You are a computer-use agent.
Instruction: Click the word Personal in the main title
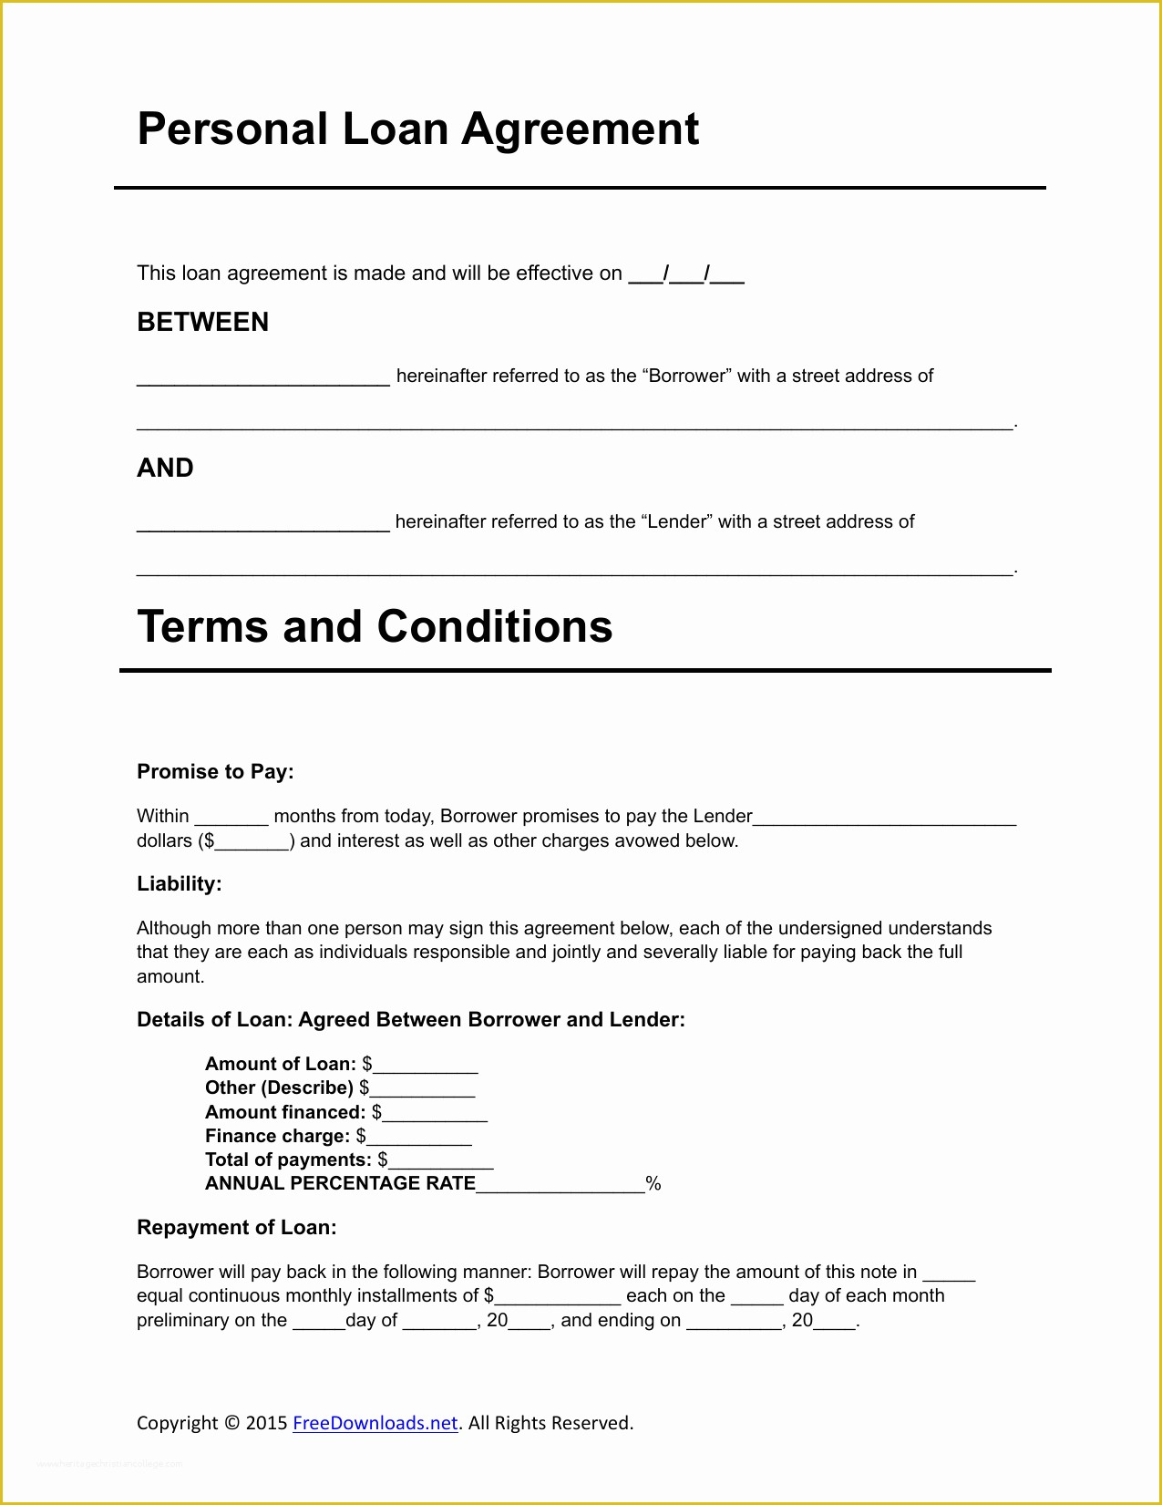point(232,129)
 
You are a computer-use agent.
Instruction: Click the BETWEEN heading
point(202,323)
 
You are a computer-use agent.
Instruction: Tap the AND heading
point(165,469)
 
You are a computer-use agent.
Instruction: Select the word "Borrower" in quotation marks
point(686,376)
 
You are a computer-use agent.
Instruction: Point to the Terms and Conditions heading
point(375,627)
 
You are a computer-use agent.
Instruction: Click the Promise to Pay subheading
point(215,772)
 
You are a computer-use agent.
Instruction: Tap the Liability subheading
point(180,884)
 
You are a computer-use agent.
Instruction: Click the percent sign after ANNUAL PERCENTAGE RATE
point(653,1184)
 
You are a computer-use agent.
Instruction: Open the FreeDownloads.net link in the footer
point(375,1423)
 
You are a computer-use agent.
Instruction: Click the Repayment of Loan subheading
point(237,1228)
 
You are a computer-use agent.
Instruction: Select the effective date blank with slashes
point(686,275)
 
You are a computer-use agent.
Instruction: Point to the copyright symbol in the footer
point(231,1423)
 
